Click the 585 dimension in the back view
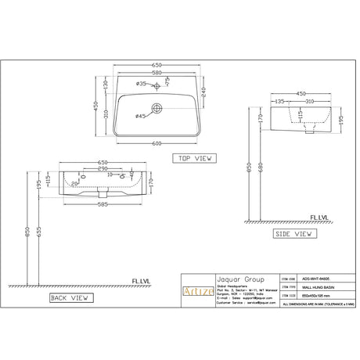pos(103,204)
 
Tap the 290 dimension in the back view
pos(103,168)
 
